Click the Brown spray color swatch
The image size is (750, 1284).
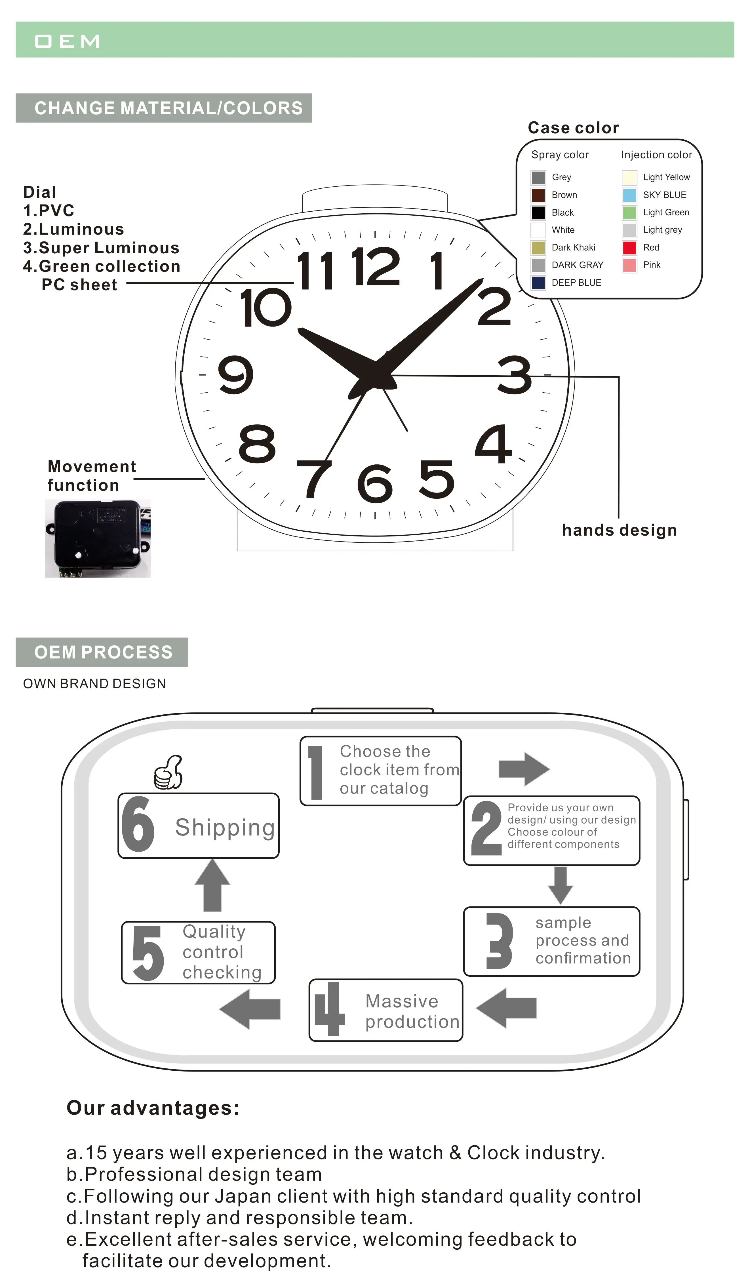tap(538, 195)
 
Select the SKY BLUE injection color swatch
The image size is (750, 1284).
tap(629, 195)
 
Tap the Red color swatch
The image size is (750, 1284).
tap(629, 248)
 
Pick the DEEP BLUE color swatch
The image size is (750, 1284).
tap(538, 283)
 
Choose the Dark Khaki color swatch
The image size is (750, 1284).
tap(538, 248)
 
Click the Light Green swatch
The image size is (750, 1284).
tap(629, 212)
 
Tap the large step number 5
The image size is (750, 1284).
tap(148, 953)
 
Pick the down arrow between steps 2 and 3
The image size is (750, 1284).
tap(561, 886)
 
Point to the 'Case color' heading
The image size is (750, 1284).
tap(573, 128)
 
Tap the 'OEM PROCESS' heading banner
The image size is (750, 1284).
tap(102, 652)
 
